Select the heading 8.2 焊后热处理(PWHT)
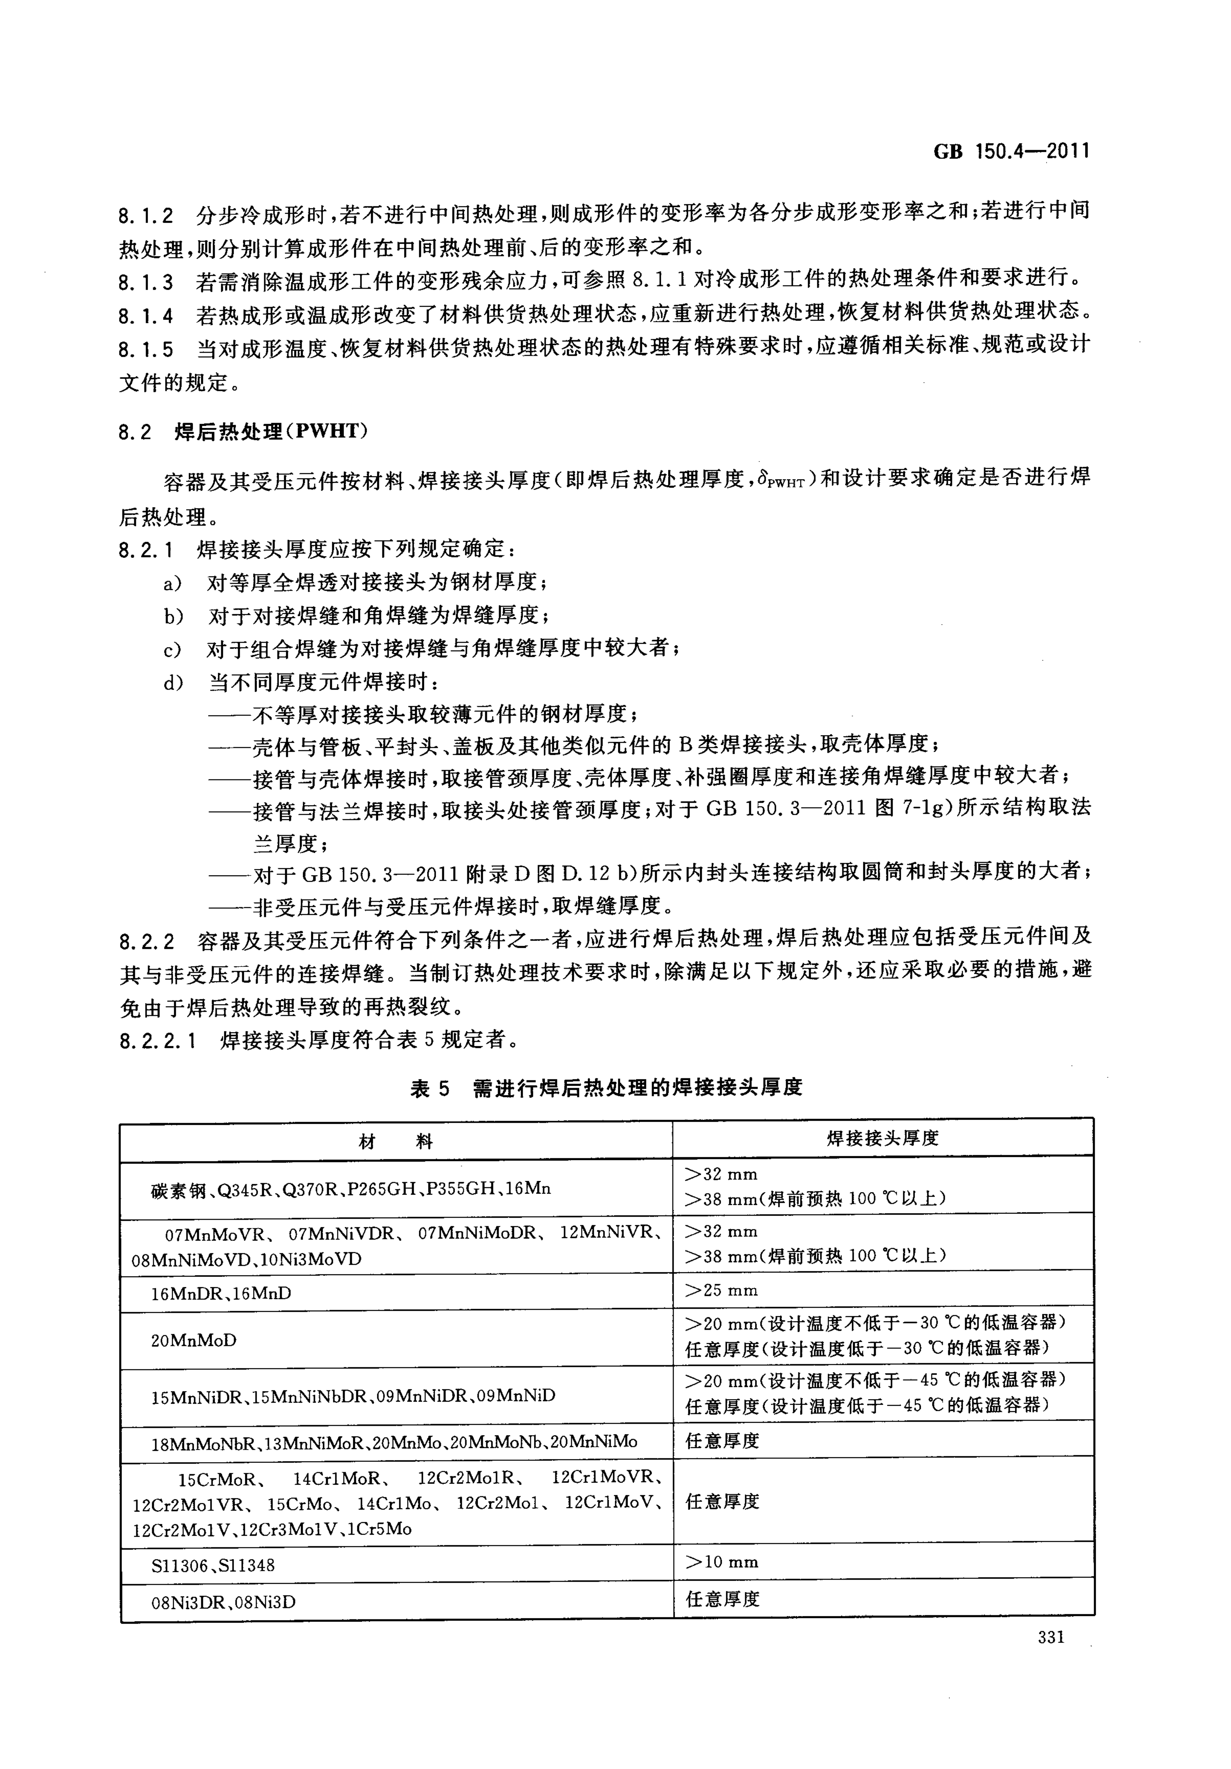(243, 431)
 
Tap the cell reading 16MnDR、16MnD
(221, 1293)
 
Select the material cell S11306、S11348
(213, 1565)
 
